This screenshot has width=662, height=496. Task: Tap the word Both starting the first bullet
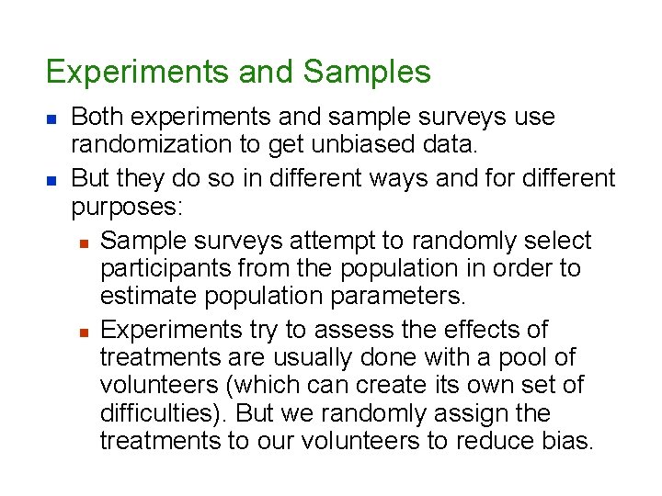(96, 118)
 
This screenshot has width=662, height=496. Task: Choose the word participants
(165, 268)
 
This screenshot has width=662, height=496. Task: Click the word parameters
(401, 298)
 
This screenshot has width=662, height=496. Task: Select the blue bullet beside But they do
(51, 177)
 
